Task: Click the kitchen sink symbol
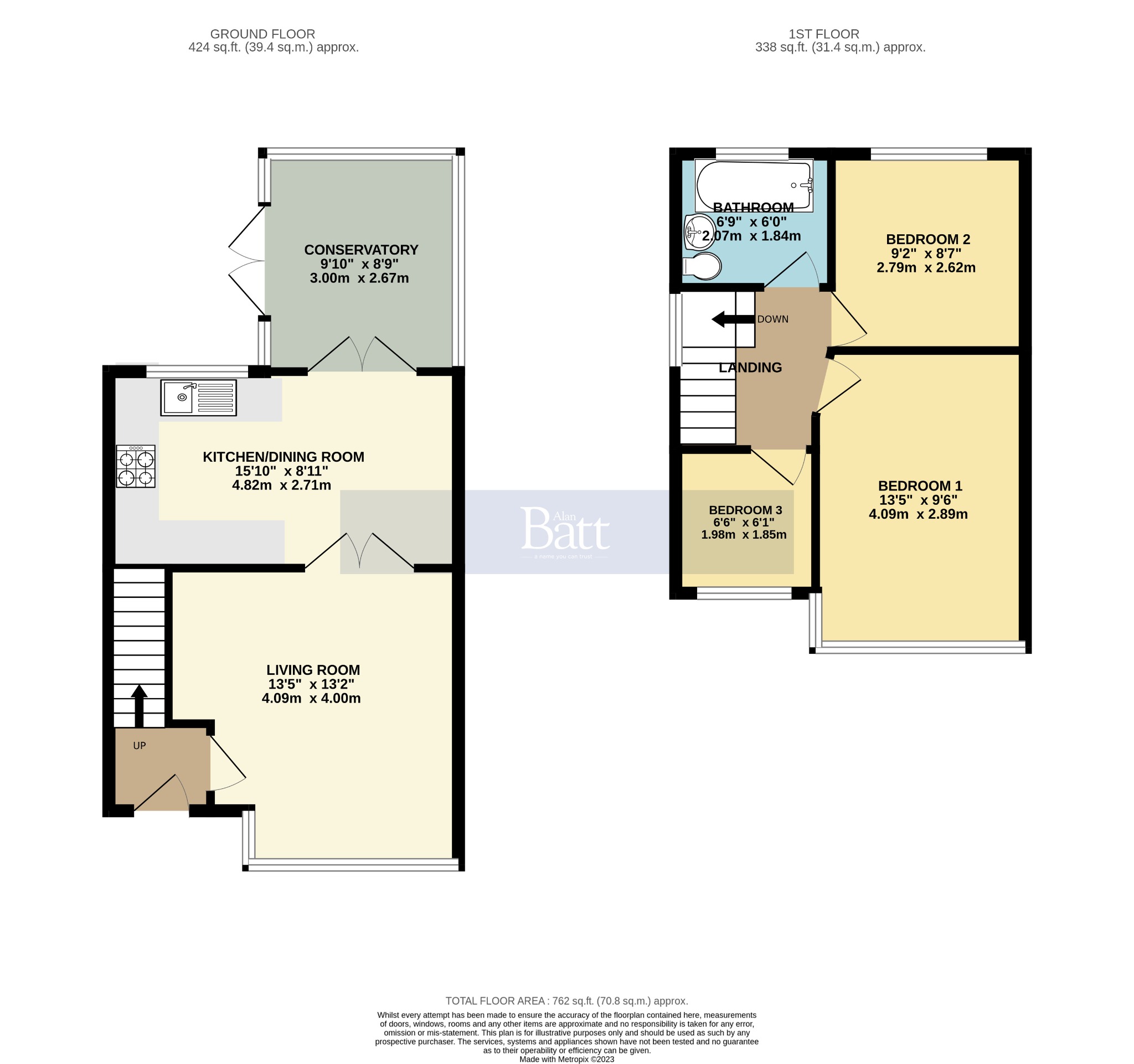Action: pos(198,397)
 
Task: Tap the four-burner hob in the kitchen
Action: pos(136,467)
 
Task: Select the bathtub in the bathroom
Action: pos(753,185)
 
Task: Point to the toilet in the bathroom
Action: pos(702,266)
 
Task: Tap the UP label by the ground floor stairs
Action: pos(139,746)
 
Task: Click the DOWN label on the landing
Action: pos(772,319)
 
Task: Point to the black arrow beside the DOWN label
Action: pos(733,319)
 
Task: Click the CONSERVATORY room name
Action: pos(361,250)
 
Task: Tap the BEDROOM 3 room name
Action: pos(745,510)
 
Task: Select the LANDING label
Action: pos(750,368)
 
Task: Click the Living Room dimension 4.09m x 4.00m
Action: pos(311,699)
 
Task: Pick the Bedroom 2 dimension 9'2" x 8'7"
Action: pos(926,253)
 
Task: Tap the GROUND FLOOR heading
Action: pos(262,34)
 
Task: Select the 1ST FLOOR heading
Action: pos(824,34)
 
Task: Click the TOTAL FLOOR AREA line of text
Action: pos(566,1001)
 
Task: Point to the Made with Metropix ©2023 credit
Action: pos(566,1060)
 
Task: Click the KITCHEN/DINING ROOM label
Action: pos(283,457)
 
